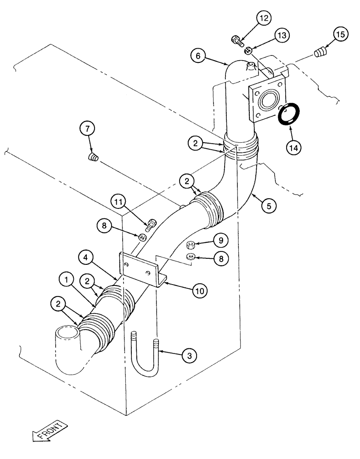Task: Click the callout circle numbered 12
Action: click(x=264, y=19)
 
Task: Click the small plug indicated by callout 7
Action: click(x=94, y=158)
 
